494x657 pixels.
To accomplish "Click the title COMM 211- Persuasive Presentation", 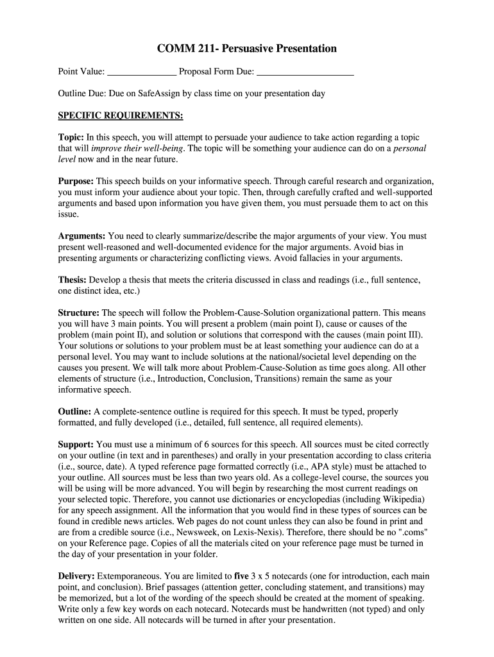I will click(x=247, y=49).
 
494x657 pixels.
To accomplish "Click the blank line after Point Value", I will click(x=141, y=72).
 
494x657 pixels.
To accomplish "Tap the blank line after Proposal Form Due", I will click(x=305, y=72).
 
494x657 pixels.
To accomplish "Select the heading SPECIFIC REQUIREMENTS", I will click(x=121, y=115).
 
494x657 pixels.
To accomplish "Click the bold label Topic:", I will click(x=71, y=137).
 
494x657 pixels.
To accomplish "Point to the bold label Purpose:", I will click(x=76, y=181).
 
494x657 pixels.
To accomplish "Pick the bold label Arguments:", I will click(x=82, y=235).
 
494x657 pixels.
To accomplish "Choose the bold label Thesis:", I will click(x=72, y=280).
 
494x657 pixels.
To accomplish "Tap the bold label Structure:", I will click(x=79, y=312).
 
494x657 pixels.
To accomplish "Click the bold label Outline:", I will click(x=75, y=411).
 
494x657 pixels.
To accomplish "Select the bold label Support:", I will click(x=76, y=444).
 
